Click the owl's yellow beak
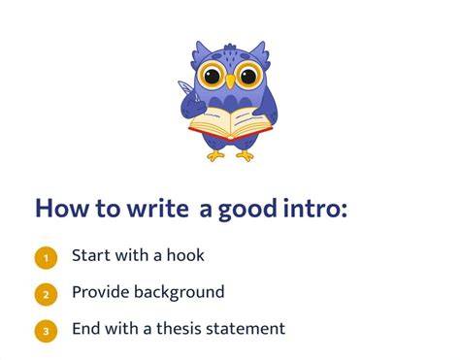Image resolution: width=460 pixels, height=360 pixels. click(230, 82)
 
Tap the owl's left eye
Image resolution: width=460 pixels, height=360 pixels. click(212, 76)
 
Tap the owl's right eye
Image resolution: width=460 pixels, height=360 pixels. click(248, 76)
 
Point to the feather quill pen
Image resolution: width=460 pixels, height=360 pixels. click(188, 90)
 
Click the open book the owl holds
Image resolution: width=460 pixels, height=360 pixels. click(230, 124)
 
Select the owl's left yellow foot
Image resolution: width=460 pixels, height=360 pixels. click(215, 156)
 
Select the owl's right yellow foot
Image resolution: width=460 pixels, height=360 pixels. click(246, 156)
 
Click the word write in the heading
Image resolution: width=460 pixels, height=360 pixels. click(158, 209)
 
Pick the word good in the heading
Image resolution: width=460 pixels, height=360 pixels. click(247, 210)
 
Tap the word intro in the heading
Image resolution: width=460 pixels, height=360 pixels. click(312, 209)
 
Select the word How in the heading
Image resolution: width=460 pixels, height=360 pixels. click(61, 209)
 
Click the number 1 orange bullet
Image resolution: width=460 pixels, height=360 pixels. click(46, 258)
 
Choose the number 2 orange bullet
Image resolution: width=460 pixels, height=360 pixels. click(46, 294)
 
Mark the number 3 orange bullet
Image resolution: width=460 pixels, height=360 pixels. click(46, 331)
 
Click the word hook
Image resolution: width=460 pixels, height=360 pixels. click(185, 255)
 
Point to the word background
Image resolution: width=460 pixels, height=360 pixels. click(180, 292)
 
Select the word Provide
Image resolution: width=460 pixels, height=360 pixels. click(101, 292)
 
